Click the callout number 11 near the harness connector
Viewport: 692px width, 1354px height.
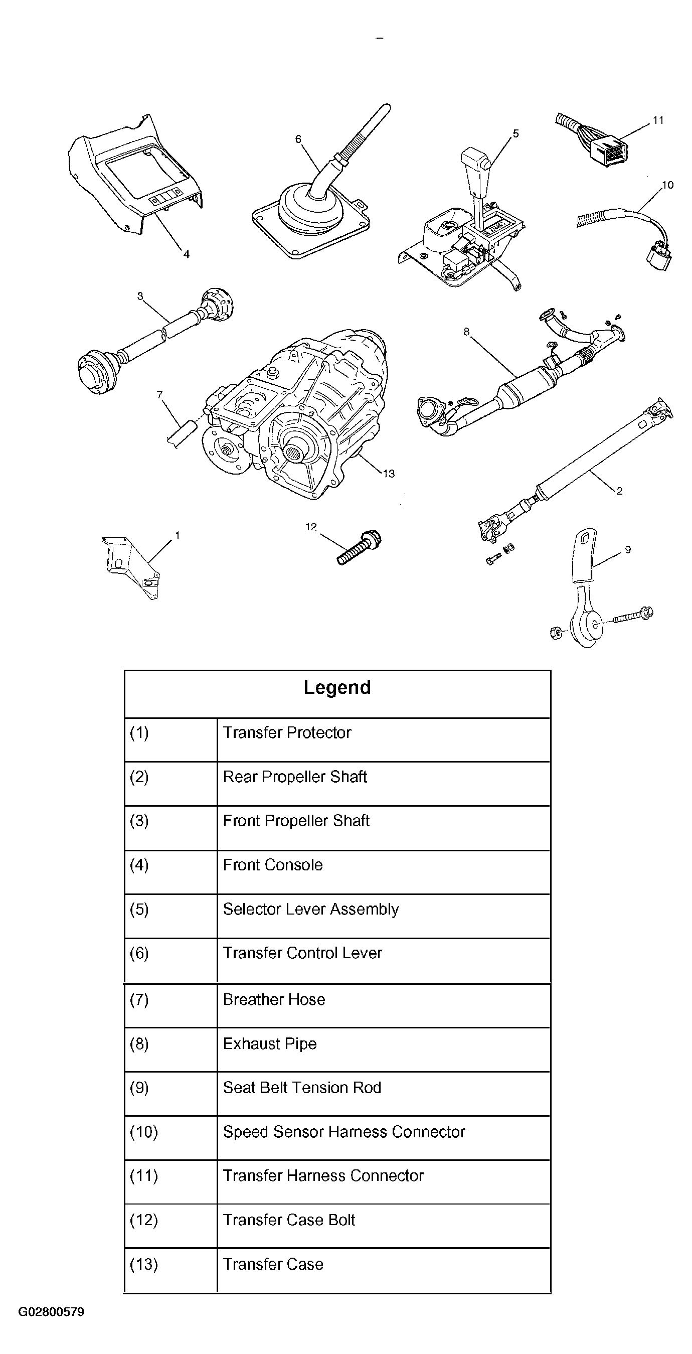pos(658,120)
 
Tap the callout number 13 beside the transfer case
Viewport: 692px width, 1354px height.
pos(388,474)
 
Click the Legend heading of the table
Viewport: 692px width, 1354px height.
pos(337,687)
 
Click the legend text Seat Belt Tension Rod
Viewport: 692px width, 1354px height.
pos(302,1088)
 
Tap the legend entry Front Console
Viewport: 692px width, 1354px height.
pos(273,865)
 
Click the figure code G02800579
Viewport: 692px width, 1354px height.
pos(51,1312)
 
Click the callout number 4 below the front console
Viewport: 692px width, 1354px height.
pos(186,254)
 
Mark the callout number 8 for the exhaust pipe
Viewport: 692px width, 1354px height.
pos(466,332)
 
